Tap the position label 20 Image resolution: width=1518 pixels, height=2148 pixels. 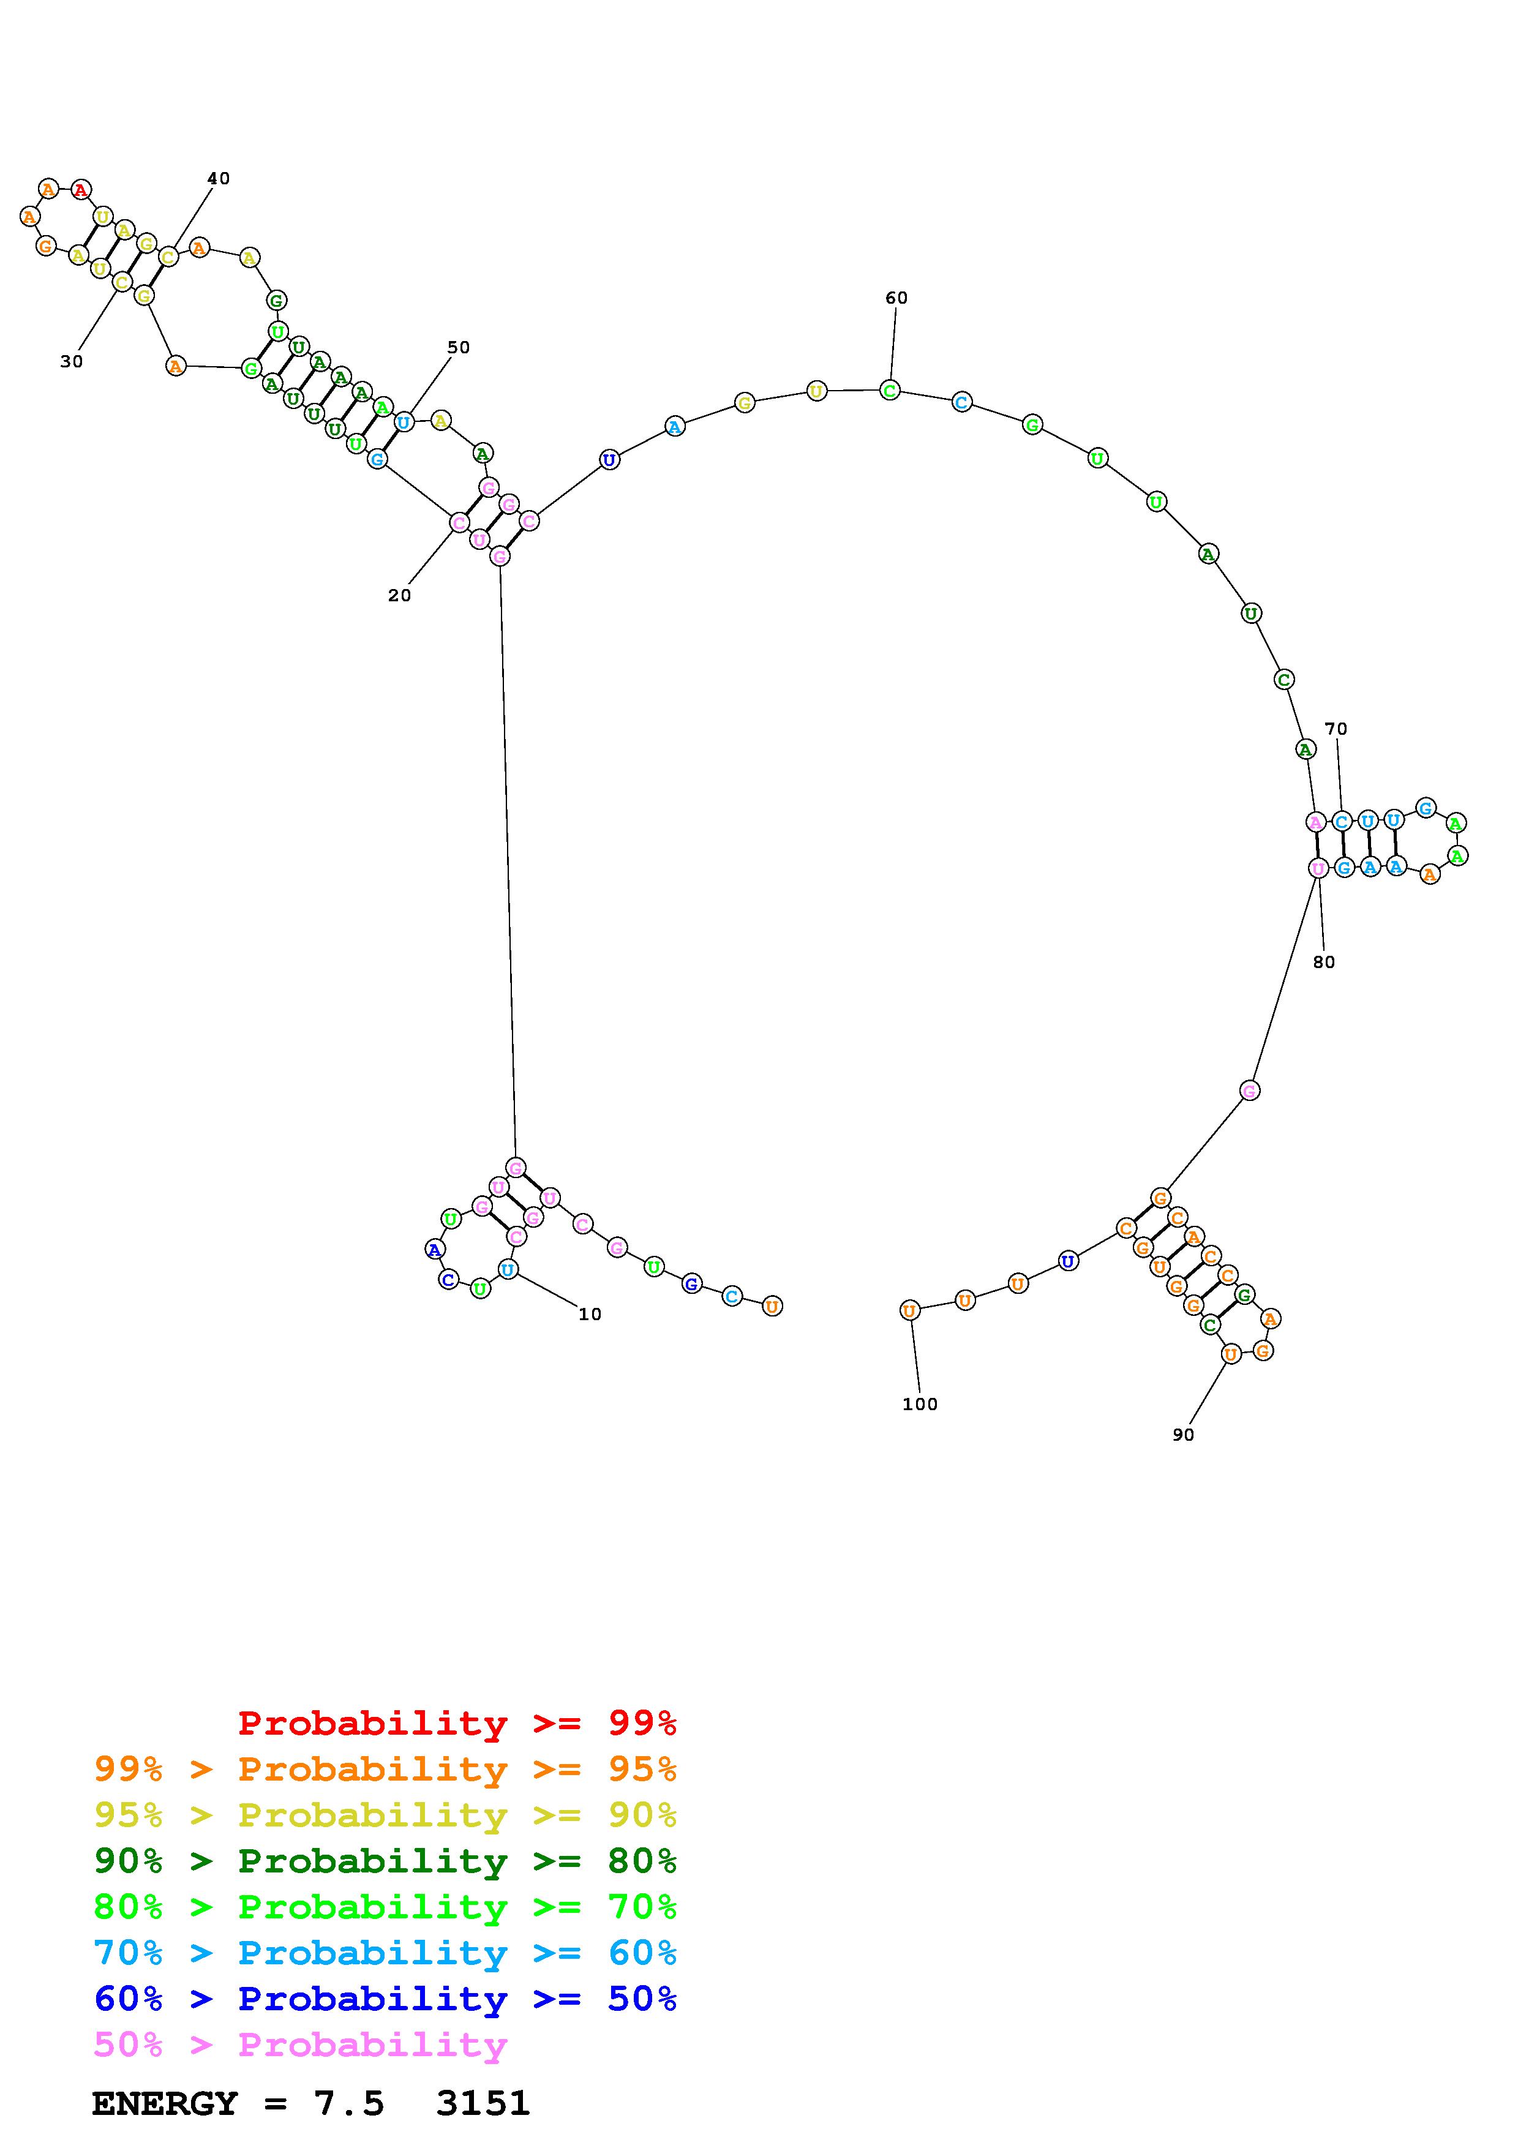coord(399,596)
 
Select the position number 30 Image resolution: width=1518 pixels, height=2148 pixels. coord(71,362)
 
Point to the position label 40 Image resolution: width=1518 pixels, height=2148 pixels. coord(218,179)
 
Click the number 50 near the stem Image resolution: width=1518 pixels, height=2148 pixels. coord(458,347)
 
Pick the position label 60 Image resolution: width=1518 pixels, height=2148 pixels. coord(896,298)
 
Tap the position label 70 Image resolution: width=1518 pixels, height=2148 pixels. coord(1336,729)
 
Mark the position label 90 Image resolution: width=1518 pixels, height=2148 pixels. coord(1183,1435)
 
